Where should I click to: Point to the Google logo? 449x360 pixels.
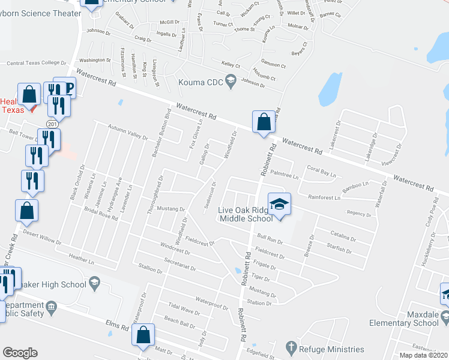20,352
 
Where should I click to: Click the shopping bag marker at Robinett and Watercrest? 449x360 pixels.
264,122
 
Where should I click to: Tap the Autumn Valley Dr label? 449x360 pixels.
127,132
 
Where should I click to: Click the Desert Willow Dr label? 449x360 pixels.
41,236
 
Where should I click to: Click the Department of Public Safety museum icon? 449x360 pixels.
52,307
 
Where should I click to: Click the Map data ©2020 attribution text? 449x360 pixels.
423,355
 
